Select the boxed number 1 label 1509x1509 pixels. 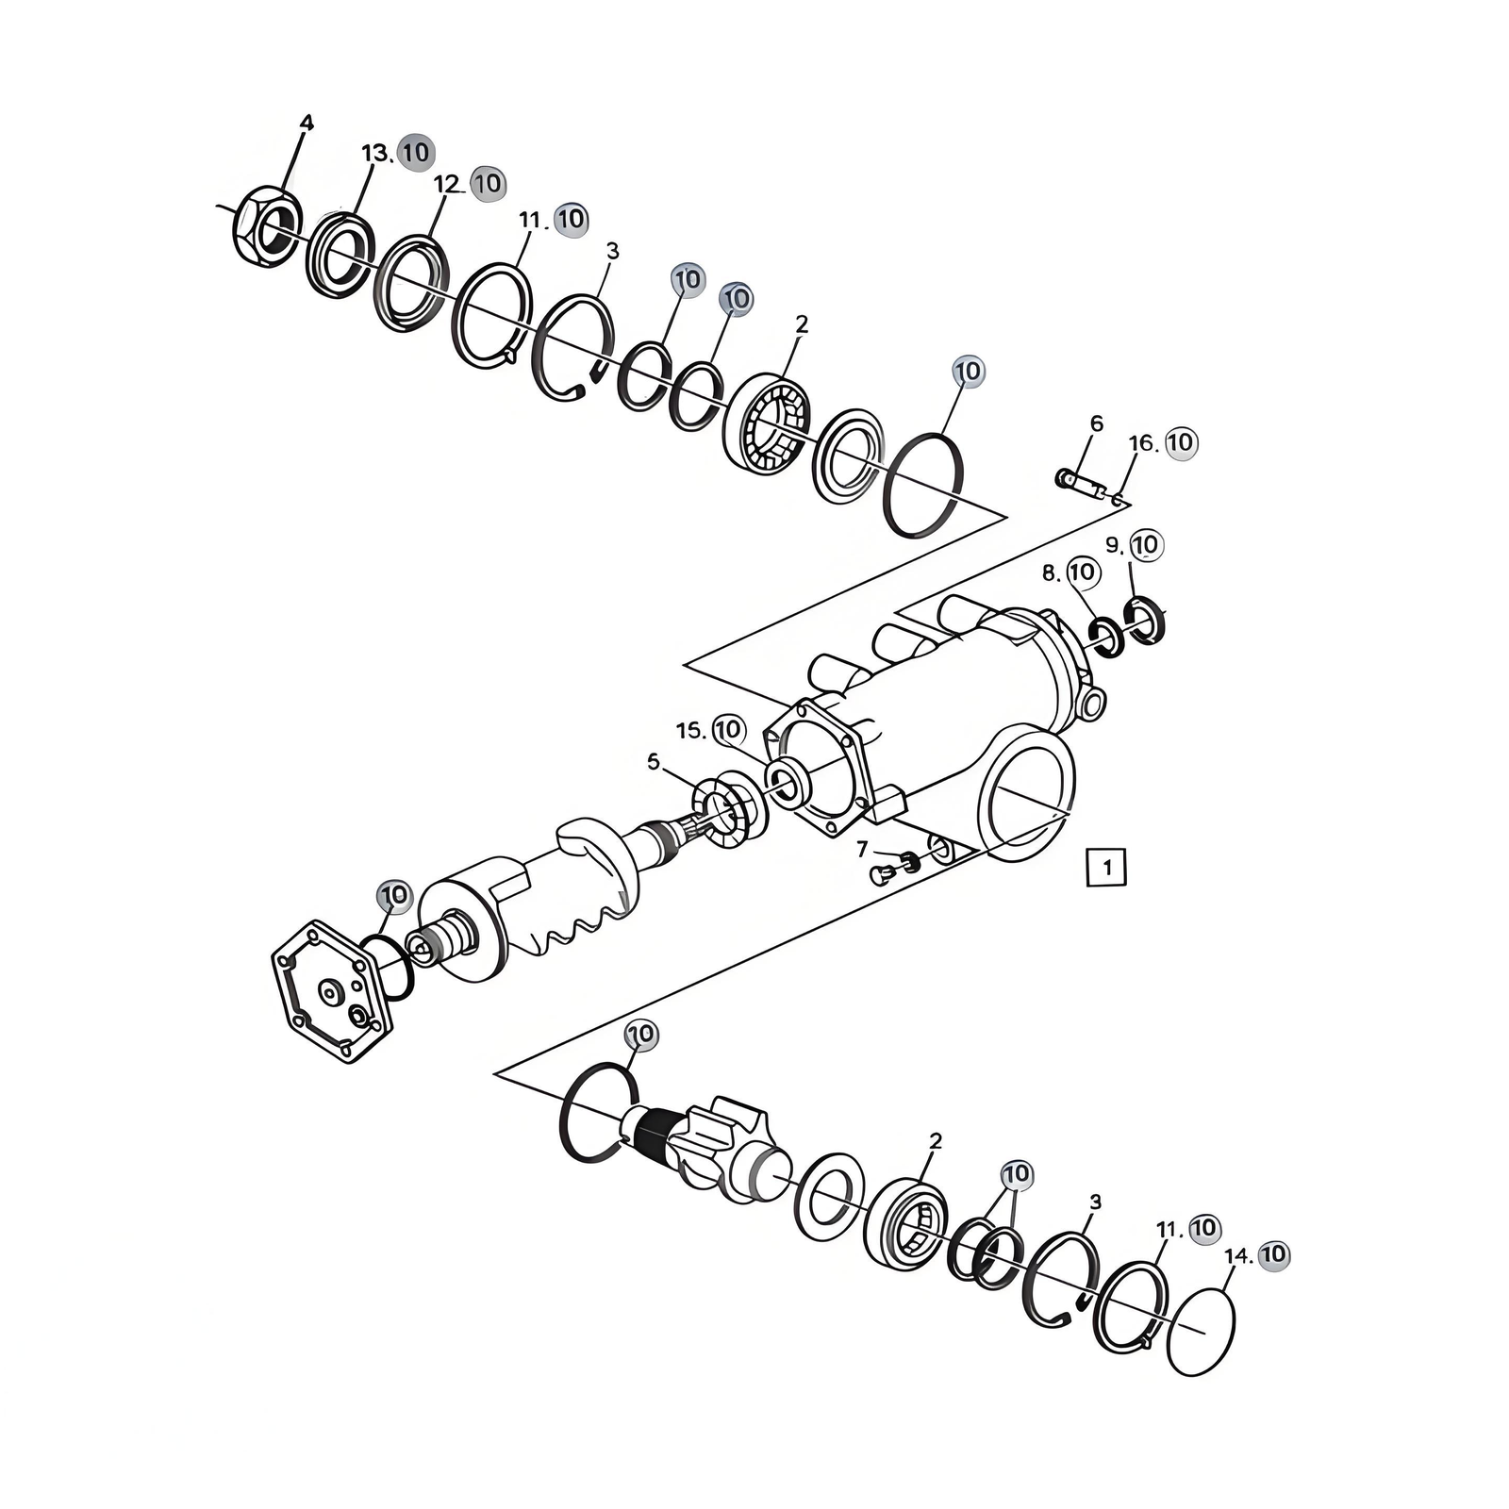click(1106, 867)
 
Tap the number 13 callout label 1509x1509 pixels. click(375, 153)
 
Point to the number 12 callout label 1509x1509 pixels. click(446, 184)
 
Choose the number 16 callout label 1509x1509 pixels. click(1141, 443)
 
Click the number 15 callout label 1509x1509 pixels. click(689, 731)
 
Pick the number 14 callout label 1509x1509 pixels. click(1237, 1256)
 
